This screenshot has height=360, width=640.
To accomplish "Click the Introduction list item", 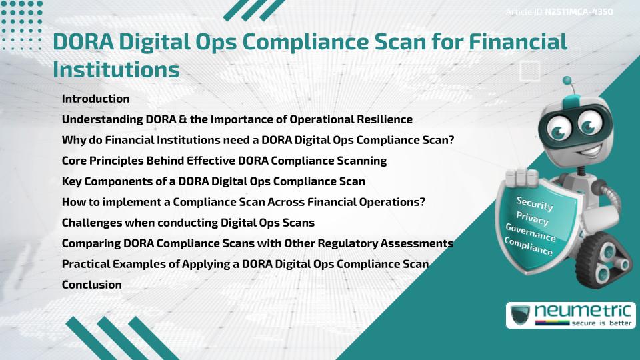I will coord(95,99).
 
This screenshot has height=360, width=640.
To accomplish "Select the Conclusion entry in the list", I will coord(91,285).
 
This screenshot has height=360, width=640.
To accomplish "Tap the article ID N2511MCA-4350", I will coord(577,11).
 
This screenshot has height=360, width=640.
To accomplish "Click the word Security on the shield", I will coord(535,204).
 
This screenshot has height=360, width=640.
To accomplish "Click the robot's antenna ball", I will coord(568,81).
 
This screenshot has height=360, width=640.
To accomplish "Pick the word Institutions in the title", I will coord(116,69).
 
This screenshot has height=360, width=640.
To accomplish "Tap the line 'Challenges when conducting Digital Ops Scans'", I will coord(188,223).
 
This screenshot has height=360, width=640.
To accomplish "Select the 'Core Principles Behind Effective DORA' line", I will coord(224,161).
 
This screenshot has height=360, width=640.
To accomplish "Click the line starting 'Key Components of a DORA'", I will coord(213,181).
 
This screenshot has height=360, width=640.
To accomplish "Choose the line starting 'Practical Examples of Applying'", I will coord(245,264).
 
